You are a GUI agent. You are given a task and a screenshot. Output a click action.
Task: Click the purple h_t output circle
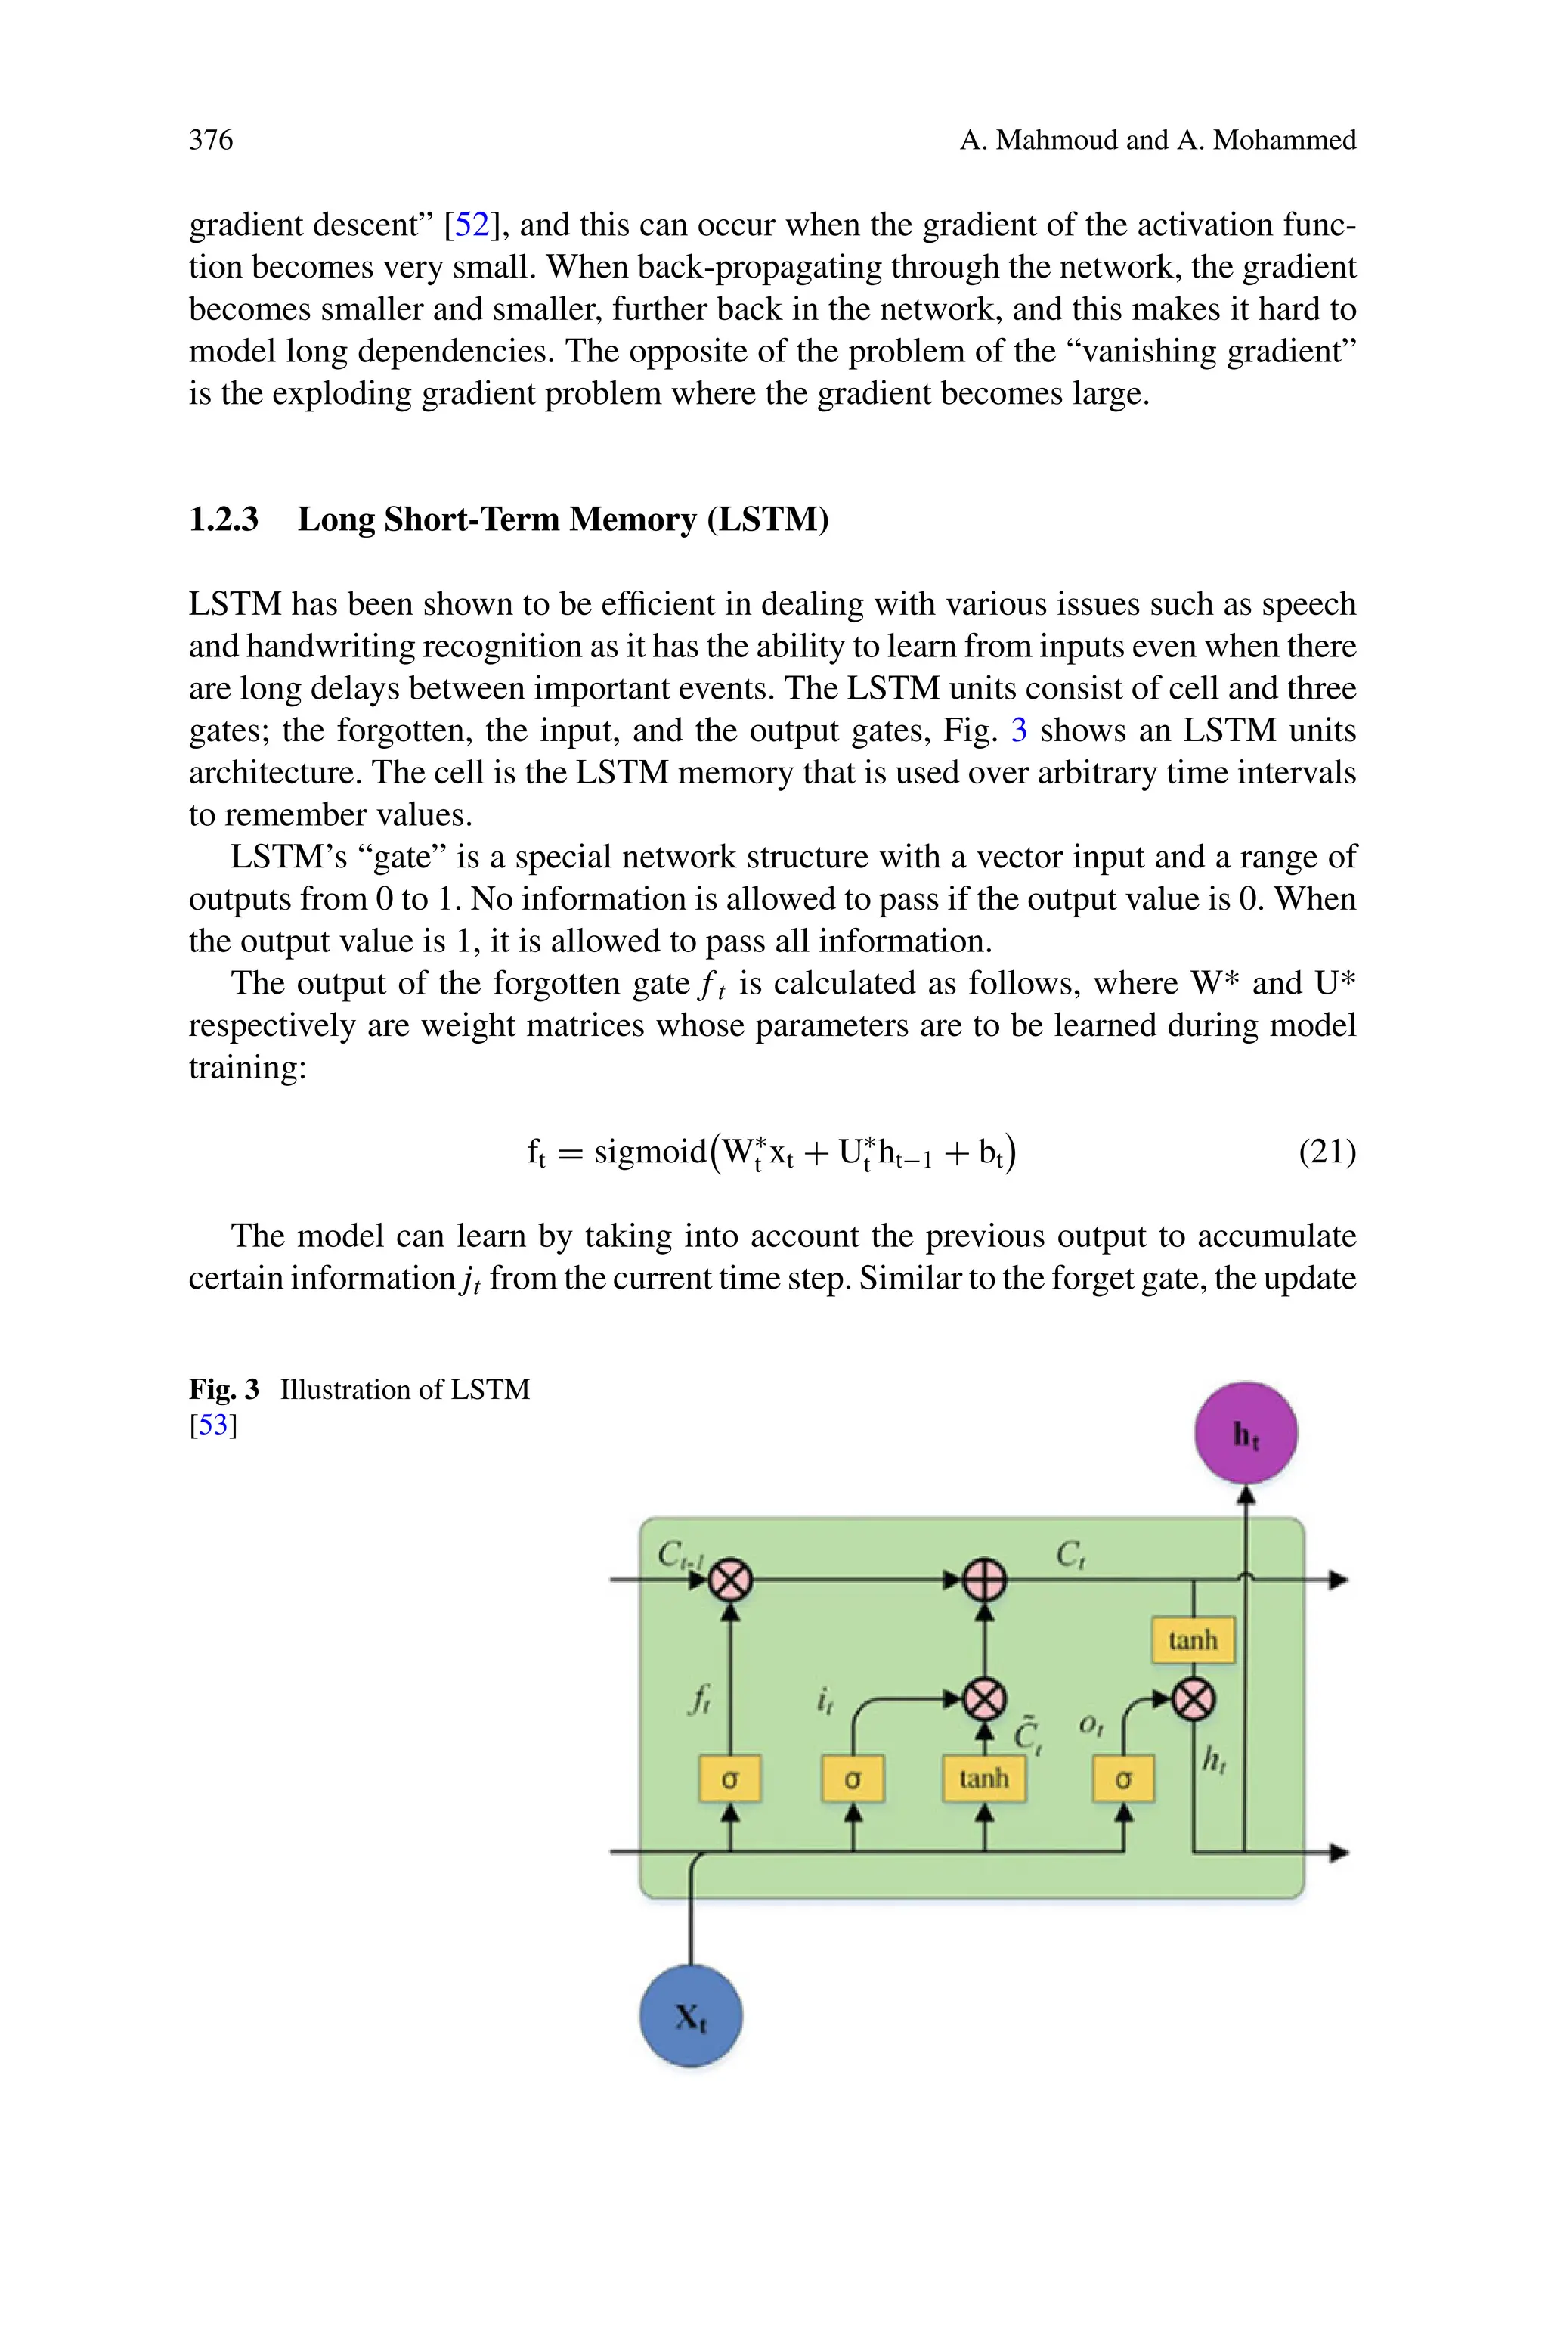[1246, 1433]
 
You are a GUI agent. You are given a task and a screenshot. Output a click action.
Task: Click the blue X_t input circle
[691, 2016]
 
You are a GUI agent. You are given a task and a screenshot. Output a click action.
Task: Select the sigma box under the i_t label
[853, 1779]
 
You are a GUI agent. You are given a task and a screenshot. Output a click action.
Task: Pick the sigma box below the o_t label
[1122, 1779]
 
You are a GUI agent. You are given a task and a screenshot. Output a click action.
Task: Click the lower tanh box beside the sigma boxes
[984, 1779]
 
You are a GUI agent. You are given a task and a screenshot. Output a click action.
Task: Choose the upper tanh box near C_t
[1193, 1640]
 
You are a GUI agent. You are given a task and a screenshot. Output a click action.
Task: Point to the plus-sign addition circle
[984, 1580]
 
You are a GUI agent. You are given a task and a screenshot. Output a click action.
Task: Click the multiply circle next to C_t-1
[731, 1580]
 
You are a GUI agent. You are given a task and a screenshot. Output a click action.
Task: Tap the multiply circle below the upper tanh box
[1194, 1699]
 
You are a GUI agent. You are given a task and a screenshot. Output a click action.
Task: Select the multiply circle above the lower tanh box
[984, 1699]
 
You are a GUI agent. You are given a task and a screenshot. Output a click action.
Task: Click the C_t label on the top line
[1070, 1556]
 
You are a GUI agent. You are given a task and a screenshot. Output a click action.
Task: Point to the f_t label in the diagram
[699, 1699]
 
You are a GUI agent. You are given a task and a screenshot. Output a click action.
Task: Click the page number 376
[212, 140]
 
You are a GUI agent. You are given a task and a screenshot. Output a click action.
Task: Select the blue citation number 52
[472, 225]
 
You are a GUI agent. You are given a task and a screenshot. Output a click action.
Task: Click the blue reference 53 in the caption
[213, 1425]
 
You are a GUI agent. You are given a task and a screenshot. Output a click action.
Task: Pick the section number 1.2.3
[223, 520]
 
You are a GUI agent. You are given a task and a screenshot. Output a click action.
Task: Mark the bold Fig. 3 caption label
[223, 1389]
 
